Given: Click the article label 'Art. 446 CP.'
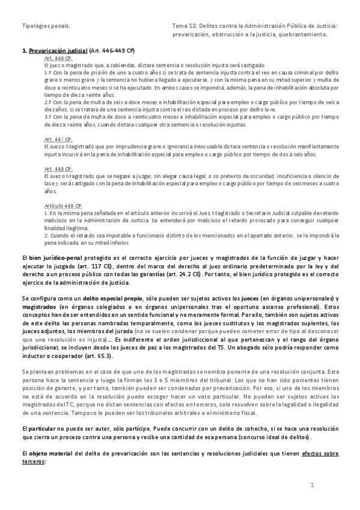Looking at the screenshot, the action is point(58,59).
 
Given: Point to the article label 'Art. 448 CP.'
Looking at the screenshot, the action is point(58,169).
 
